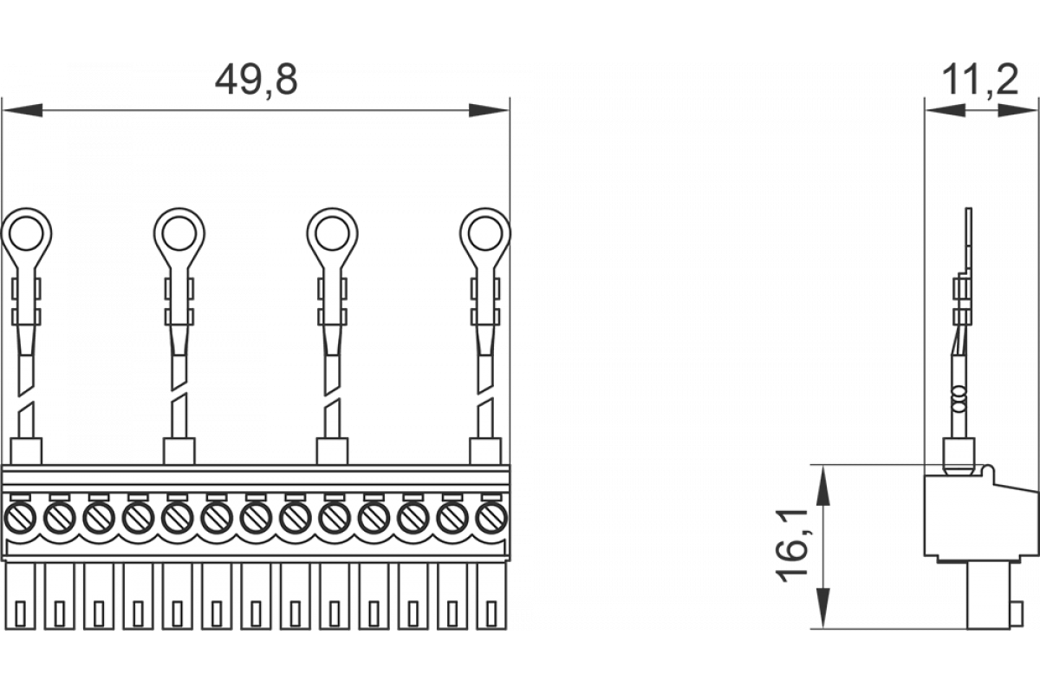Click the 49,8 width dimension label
coord(257,81)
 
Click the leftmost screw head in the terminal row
coord(19,520)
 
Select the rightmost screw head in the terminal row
coord(491,520)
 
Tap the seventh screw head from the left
coord(256,520)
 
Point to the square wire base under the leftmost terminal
coord(26,451)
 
